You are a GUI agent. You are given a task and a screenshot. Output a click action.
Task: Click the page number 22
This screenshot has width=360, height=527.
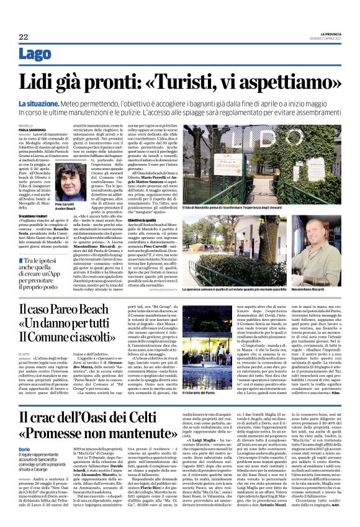pyautogui.click(x=23, y=37)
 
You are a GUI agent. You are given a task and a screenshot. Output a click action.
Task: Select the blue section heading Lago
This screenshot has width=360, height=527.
pyautogui.click(x=35, y=54)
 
